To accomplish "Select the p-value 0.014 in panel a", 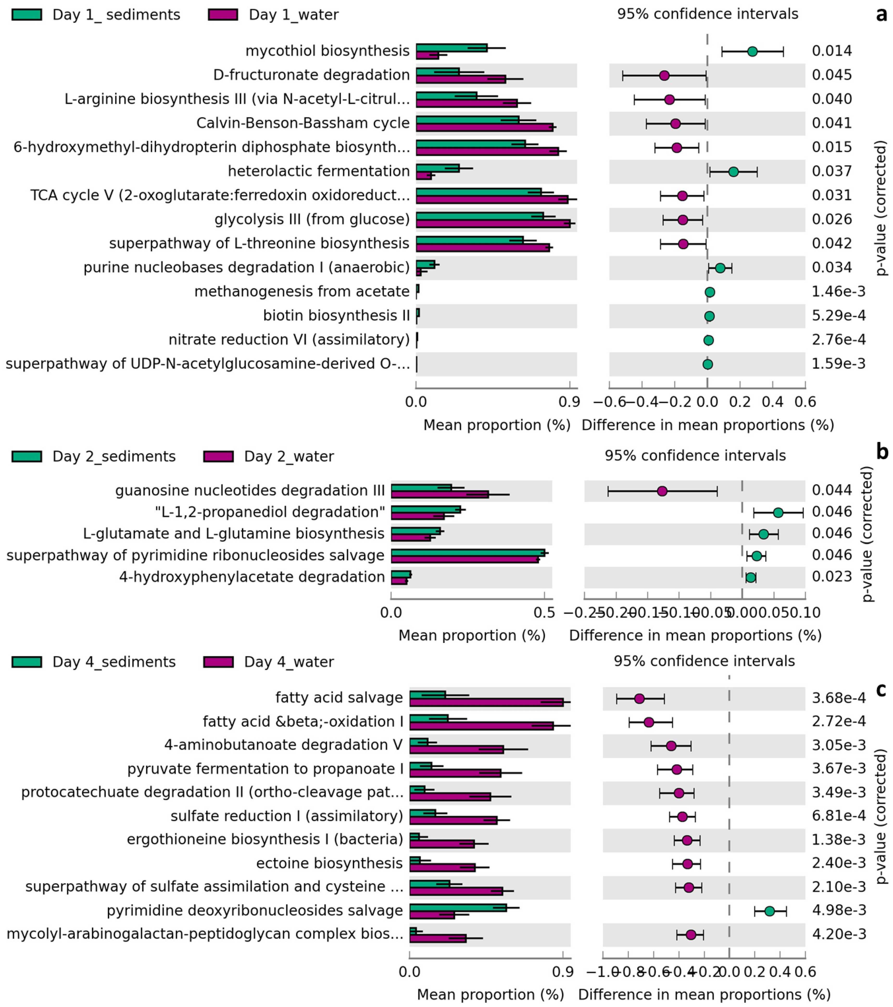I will tap(832, 51).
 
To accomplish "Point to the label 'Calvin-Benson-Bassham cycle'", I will tap(303, 123).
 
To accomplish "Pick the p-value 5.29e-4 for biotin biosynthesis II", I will tap(838, 315).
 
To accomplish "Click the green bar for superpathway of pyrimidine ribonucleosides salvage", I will tap(468, 552).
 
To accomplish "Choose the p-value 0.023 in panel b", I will tap(832, 576).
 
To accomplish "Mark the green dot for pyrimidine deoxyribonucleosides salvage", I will tap(769, 912).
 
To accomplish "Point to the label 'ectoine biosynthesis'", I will tap(329, 863).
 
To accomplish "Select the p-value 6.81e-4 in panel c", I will tap(838, 816).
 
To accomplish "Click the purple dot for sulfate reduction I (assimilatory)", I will tap(682, 817).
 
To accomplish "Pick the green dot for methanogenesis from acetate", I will tap(710, 292).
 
